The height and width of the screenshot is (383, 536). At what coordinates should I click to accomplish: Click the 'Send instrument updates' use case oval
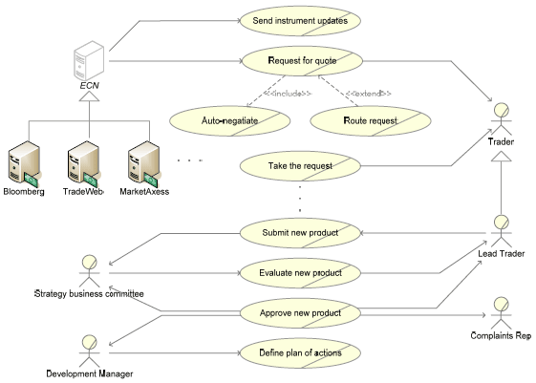coord(300,20)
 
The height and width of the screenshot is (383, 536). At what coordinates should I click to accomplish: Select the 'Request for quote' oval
coord(302,61)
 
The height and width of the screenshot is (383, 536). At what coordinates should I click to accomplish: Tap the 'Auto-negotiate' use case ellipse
coord(229,120)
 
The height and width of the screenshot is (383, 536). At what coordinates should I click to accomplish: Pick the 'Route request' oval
coord(371,120)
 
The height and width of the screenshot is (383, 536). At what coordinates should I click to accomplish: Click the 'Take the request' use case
coord(300,166)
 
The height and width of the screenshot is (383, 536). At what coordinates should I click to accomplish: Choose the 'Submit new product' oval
coord(300,233)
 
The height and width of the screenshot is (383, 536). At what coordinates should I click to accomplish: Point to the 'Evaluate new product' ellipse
coord(300,273)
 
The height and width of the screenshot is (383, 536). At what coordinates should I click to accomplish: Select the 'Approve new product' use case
coord(300,313)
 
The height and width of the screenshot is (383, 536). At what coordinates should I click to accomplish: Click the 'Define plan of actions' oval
coord(300,353)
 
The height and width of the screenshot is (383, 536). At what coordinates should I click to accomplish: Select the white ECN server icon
coord(89,61)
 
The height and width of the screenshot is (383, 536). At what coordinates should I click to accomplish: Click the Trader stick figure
coord(502,119)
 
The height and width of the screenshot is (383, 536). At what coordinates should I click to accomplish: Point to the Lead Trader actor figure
coord(502,231)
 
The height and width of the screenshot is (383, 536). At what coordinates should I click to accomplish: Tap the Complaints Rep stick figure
coord(502,313)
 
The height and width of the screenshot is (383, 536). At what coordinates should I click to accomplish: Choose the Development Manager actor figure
coord(90,351)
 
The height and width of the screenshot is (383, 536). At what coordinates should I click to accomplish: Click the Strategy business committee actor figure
coord(90,271)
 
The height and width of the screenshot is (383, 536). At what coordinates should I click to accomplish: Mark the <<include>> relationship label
coord(289,94)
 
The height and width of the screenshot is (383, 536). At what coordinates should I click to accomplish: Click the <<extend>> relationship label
coord(368,94)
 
